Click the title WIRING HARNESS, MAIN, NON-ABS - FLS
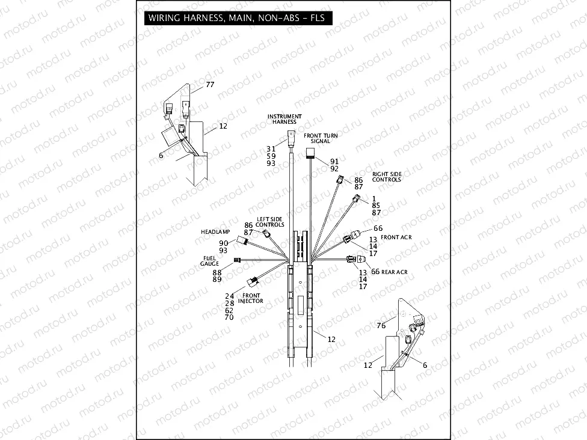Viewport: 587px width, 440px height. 236,17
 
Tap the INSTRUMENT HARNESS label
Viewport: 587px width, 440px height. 284,119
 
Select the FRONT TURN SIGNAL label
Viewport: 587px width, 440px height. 321,138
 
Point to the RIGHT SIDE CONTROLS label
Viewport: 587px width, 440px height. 387,177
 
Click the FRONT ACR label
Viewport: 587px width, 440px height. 396,237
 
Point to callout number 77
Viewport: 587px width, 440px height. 210,85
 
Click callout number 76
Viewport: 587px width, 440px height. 381,326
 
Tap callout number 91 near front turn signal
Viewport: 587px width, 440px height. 334,161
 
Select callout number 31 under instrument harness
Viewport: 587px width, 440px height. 271,148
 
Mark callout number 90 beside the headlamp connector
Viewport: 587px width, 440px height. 224,243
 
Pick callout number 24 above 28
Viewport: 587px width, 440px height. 229,296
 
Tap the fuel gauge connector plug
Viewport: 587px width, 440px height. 238,260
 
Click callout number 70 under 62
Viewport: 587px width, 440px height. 229,317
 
